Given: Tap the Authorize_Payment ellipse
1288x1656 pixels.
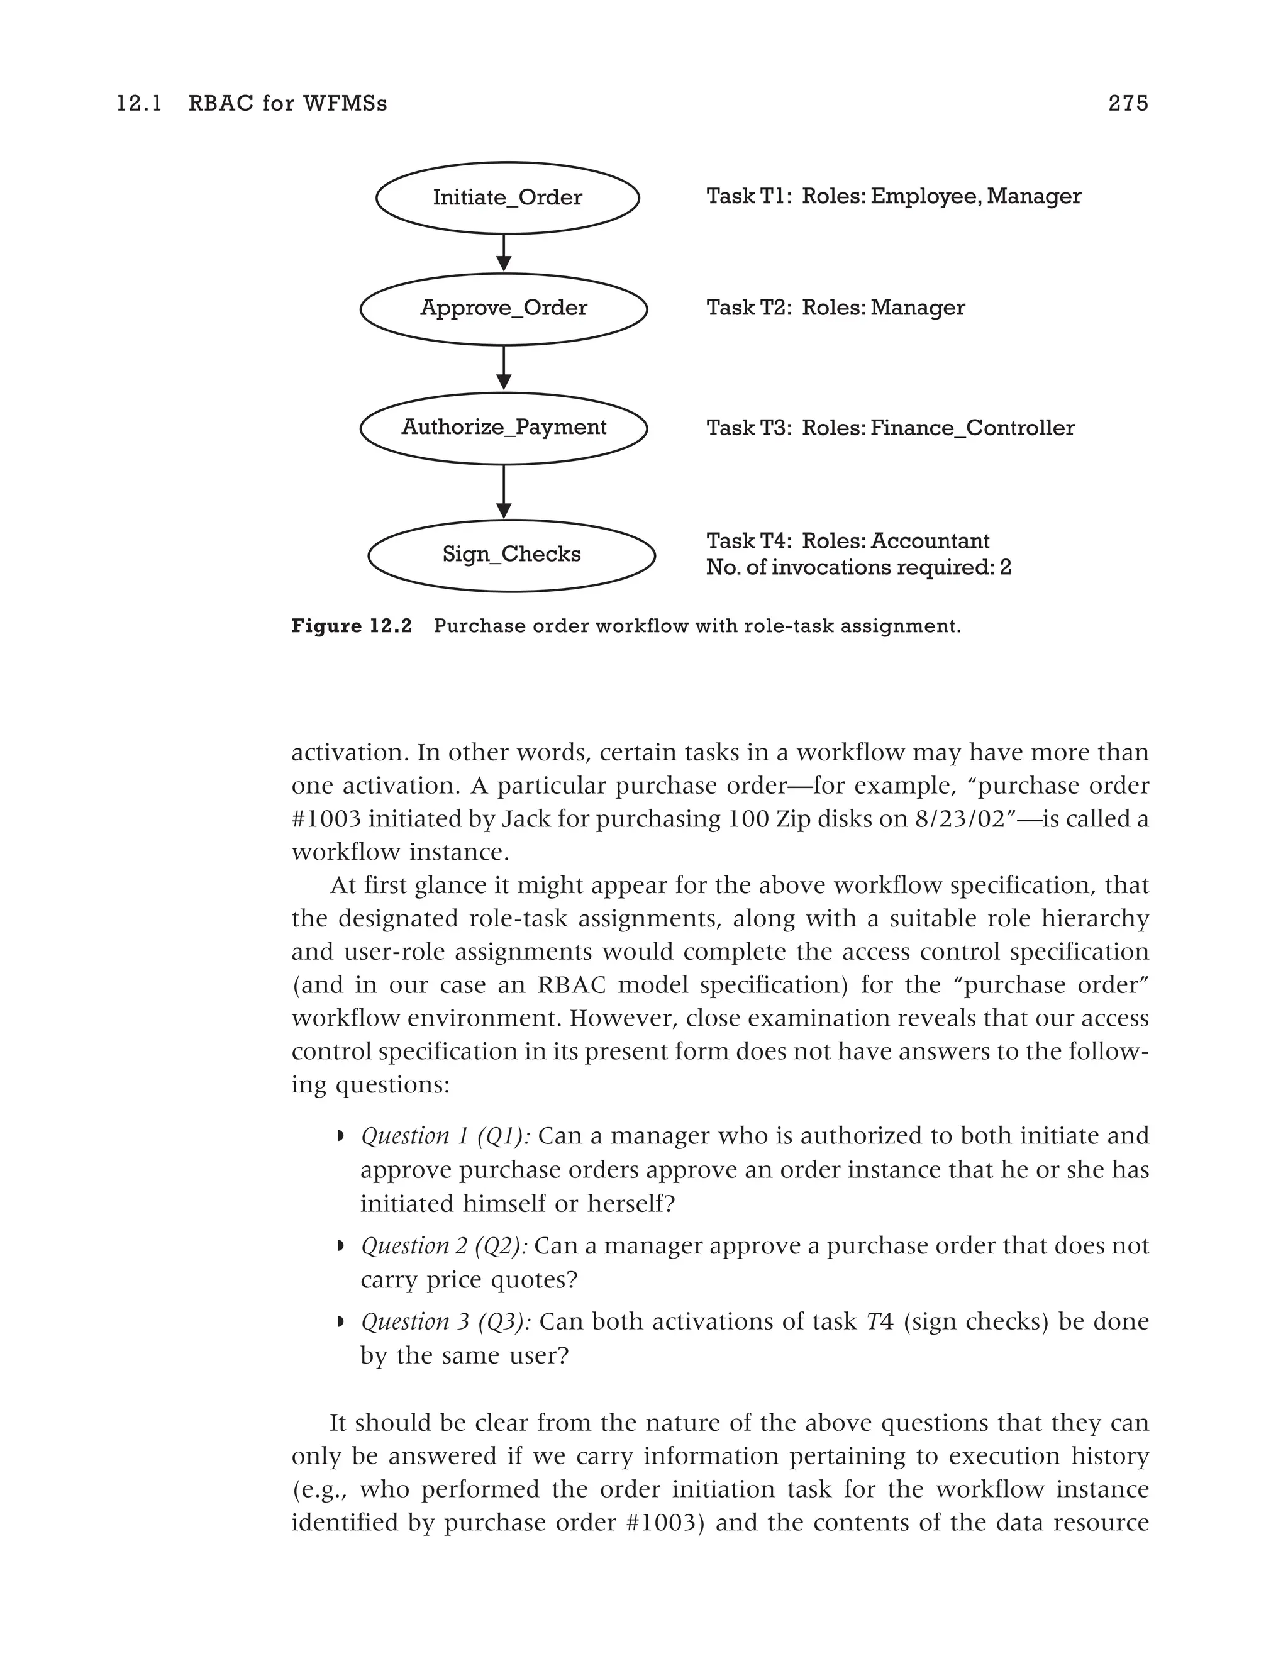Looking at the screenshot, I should tap(503, 428).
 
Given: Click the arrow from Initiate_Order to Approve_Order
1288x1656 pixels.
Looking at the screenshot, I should tap(503, 252).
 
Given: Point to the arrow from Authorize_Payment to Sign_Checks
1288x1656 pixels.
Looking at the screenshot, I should tap(503, 491).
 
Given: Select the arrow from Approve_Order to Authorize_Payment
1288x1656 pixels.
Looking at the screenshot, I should tap(503, 368).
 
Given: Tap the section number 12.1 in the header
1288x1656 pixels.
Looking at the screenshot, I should tap(140, 103).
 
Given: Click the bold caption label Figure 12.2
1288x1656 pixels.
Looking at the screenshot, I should tap(351, 626).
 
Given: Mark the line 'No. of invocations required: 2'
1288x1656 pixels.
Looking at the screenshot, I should tap(858, 567).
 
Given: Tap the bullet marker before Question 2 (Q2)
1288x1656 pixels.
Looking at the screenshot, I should tap(340, 1245).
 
